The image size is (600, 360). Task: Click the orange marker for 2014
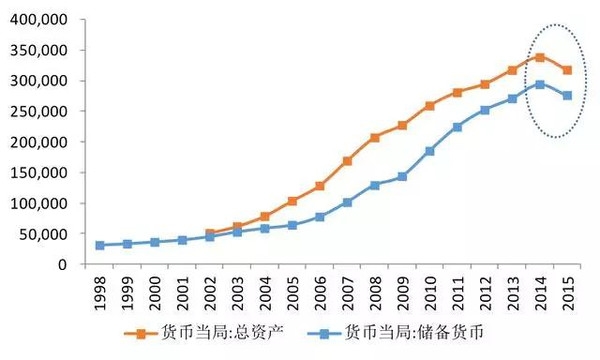[541, 57]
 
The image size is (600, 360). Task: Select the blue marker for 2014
[541, 84]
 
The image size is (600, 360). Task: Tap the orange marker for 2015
[568, 70]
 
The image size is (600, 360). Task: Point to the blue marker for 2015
[568, 95]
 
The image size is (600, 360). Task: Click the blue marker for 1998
[100, 245]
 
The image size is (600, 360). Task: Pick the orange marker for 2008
[376, 137]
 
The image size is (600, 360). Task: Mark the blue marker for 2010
[431, 151]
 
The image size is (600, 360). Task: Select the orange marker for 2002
[210, 233]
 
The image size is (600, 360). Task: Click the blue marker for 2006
[321, 217]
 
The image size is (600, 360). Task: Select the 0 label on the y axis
[63, 265]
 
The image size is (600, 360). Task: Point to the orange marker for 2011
[458, 92]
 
